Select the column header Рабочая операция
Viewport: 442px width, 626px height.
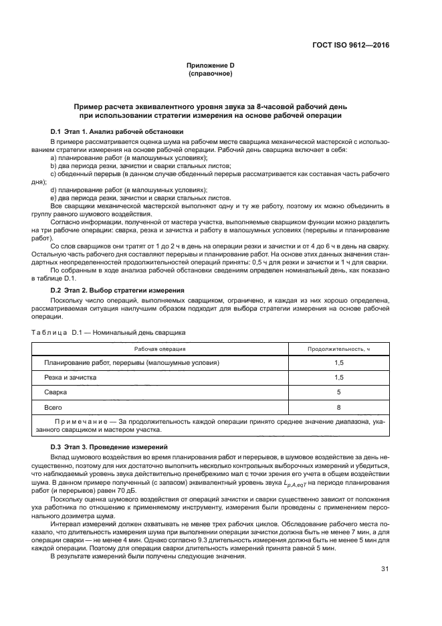click(x=160, y=349)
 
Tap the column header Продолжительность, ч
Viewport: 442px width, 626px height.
click(x=338, y=349)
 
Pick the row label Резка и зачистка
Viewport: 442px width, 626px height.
click(x=70, y=378)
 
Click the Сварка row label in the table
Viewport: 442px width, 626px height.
click(x=56, y=392)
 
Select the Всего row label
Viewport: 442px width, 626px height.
click(x=53, y=407)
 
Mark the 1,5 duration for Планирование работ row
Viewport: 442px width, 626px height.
click(x=338, y=363)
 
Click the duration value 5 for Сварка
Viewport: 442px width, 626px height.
click(x=338, y=392)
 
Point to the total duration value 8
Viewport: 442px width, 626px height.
click(x=338, y=407)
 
